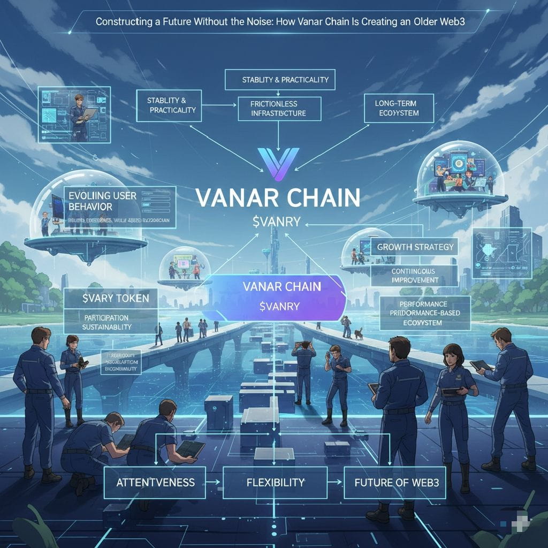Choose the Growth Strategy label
pos(415,247)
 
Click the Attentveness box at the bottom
pos(155,482)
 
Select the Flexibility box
pos(275,482)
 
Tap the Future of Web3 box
pos(396,482)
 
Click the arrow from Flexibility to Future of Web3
pos(336,482)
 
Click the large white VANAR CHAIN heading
pos(277,197)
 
